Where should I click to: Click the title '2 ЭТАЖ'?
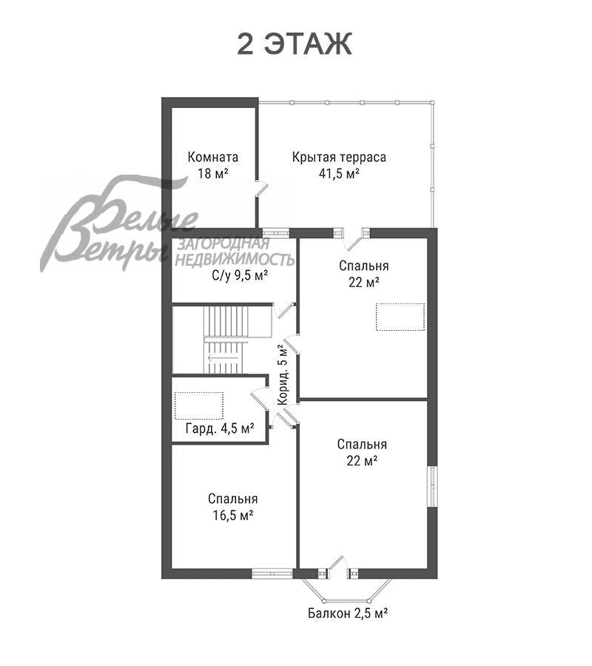click(295, 44)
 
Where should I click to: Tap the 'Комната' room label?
click(213, 157)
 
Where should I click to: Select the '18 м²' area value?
click(213, 173)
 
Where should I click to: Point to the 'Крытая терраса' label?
click(339, 157)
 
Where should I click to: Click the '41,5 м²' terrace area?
click(340, 173)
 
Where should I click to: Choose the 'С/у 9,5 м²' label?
click(240, 276)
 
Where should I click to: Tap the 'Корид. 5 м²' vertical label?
click(283, 374)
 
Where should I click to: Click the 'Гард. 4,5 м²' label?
click(220, 428)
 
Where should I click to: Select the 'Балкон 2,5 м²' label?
click(347, 613)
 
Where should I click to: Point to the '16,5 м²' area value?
click(233, 515)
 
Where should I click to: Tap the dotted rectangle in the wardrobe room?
click(199, 406)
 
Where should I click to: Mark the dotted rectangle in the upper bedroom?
click(400, 317)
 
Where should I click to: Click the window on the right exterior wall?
click(432, 486)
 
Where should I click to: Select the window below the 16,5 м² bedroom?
click(272, 573)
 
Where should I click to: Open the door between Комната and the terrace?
click(261, 189)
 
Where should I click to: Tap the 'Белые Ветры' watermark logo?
click(120, 223)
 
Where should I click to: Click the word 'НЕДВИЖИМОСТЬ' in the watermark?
click(235, 259)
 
